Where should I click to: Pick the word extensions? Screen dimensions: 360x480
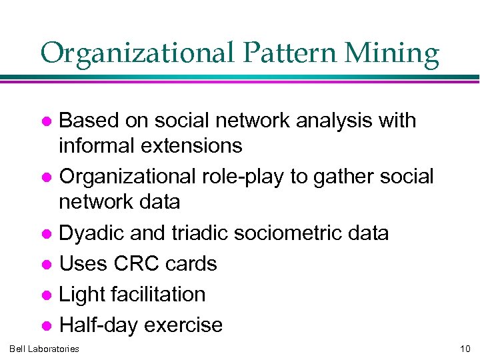click(193, 145)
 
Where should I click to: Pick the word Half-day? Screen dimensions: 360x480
click(99, 325)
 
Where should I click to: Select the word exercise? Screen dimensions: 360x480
click(183, 325)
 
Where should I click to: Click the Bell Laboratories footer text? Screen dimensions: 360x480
click(44, 349)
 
